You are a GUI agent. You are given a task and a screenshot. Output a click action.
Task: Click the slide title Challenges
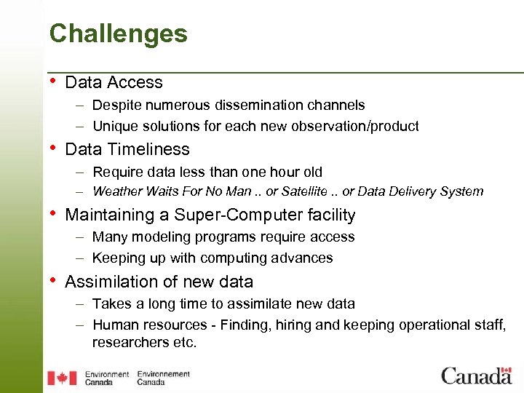pyautogui.click(x=118, y=33)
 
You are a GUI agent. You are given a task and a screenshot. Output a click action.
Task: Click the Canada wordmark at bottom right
pyautogui.click(x=476, y=376)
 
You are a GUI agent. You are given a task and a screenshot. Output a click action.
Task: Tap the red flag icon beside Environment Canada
pyautogui.click(x=62, y=378)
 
